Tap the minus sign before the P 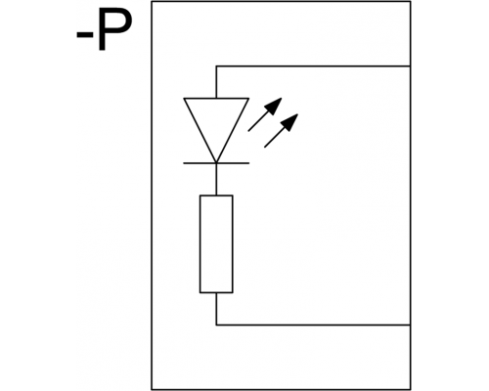pyautogui.click(x=83, y=36)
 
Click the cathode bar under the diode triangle pyautogui.click(x=216, y=163)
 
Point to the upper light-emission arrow pyautogui.click(x=265, y=114)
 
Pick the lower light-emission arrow pyautogui.click(x=281, y=131)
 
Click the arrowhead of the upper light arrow pyautogui.click(x=274, y=106)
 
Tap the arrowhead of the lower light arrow pyautogui.click(x=290, y=121)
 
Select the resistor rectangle pyautogui.click(x=216, y=244)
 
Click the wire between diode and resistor pyautogui.click(x=216, y=179)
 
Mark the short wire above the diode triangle pyautogui.click(x=216, y=82)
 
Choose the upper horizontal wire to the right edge pyautogui.click(x=313, y=66)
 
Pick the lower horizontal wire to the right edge pyautogui.click(x=313, y=325)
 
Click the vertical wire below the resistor pyautogui.click(x=216, y=309)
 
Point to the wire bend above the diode pyautogui.click(x=216, y=66)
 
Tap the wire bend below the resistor pyautogui.click(x=216, y=325)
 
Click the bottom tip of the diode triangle pyautogui.click(x=216, y=162)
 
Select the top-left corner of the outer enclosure pyautogui.click(x=152, y=2)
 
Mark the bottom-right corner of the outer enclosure pyautogui.click(x=411, y=389)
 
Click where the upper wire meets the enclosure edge pyautogui.click(x=410, y=66)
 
